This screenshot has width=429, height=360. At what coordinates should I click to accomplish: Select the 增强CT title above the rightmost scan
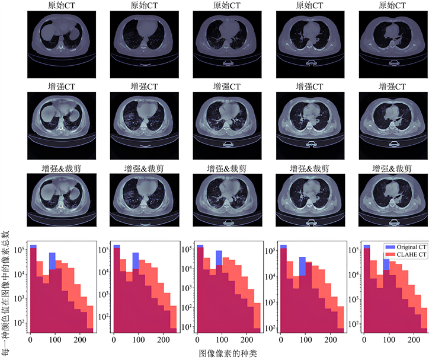pyautogui.click(x=393, y=86)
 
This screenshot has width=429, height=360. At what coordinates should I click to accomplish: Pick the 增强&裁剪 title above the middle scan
pyautogui.click(x=228, y=168)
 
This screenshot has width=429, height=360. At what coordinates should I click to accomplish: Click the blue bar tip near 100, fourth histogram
pyautogui.click(x=302, y=259)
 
